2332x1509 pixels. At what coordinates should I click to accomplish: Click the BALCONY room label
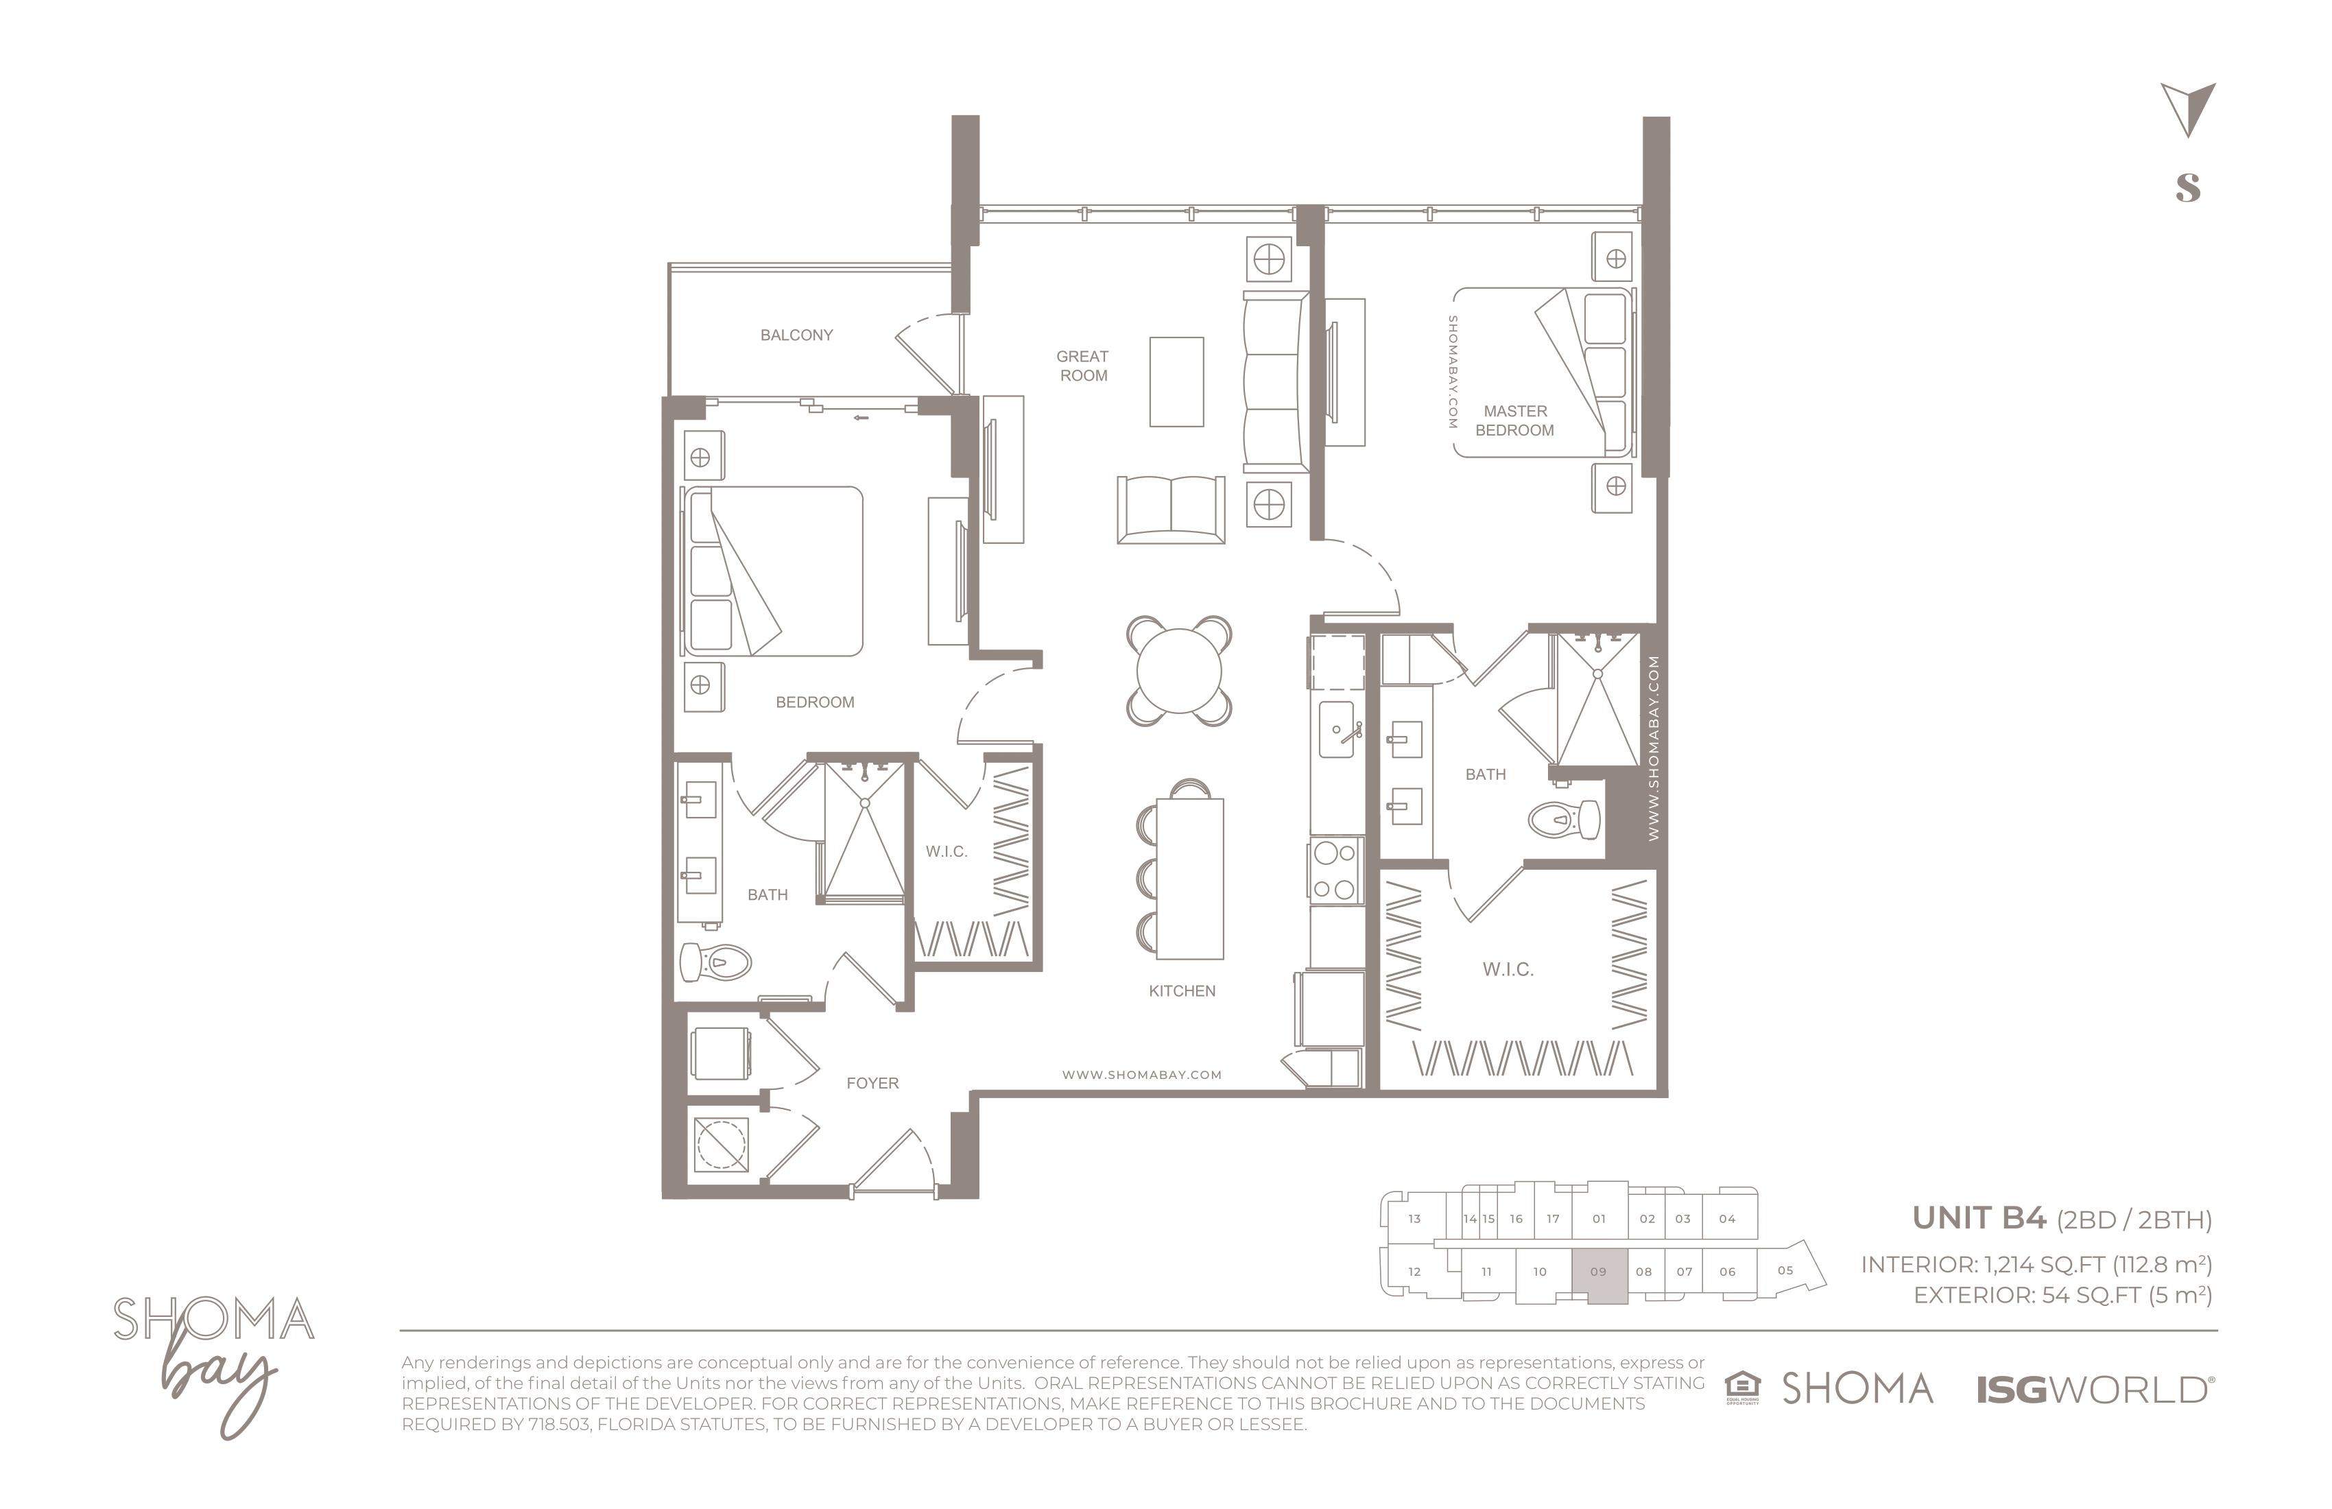pos(796,335)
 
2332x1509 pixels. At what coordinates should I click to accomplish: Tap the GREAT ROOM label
pos(1083,366)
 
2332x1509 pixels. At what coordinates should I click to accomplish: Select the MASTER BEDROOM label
pos(1515,420)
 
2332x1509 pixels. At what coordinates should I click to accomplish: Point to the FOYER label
pos(872,1083)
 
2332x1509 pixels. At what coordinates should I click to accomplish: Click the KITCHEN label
pos(1182,990)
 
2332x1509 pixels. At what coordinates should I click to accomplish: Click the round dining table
pos(1179,672)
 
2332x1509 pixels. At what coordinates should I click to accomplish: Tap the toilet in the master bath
pos(1564,819)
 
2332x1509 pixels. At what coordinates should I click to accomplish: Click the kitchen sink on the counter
pos(1337,729)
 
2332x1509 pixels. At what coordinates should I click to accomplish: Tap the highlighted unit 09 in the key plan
pos(1599,1276)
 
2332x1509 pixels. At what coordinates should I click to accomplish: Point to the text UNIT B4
pos(1979,1218)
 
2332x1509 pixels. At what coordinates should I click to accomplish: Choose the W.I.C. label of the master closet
pos(1508,969)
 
